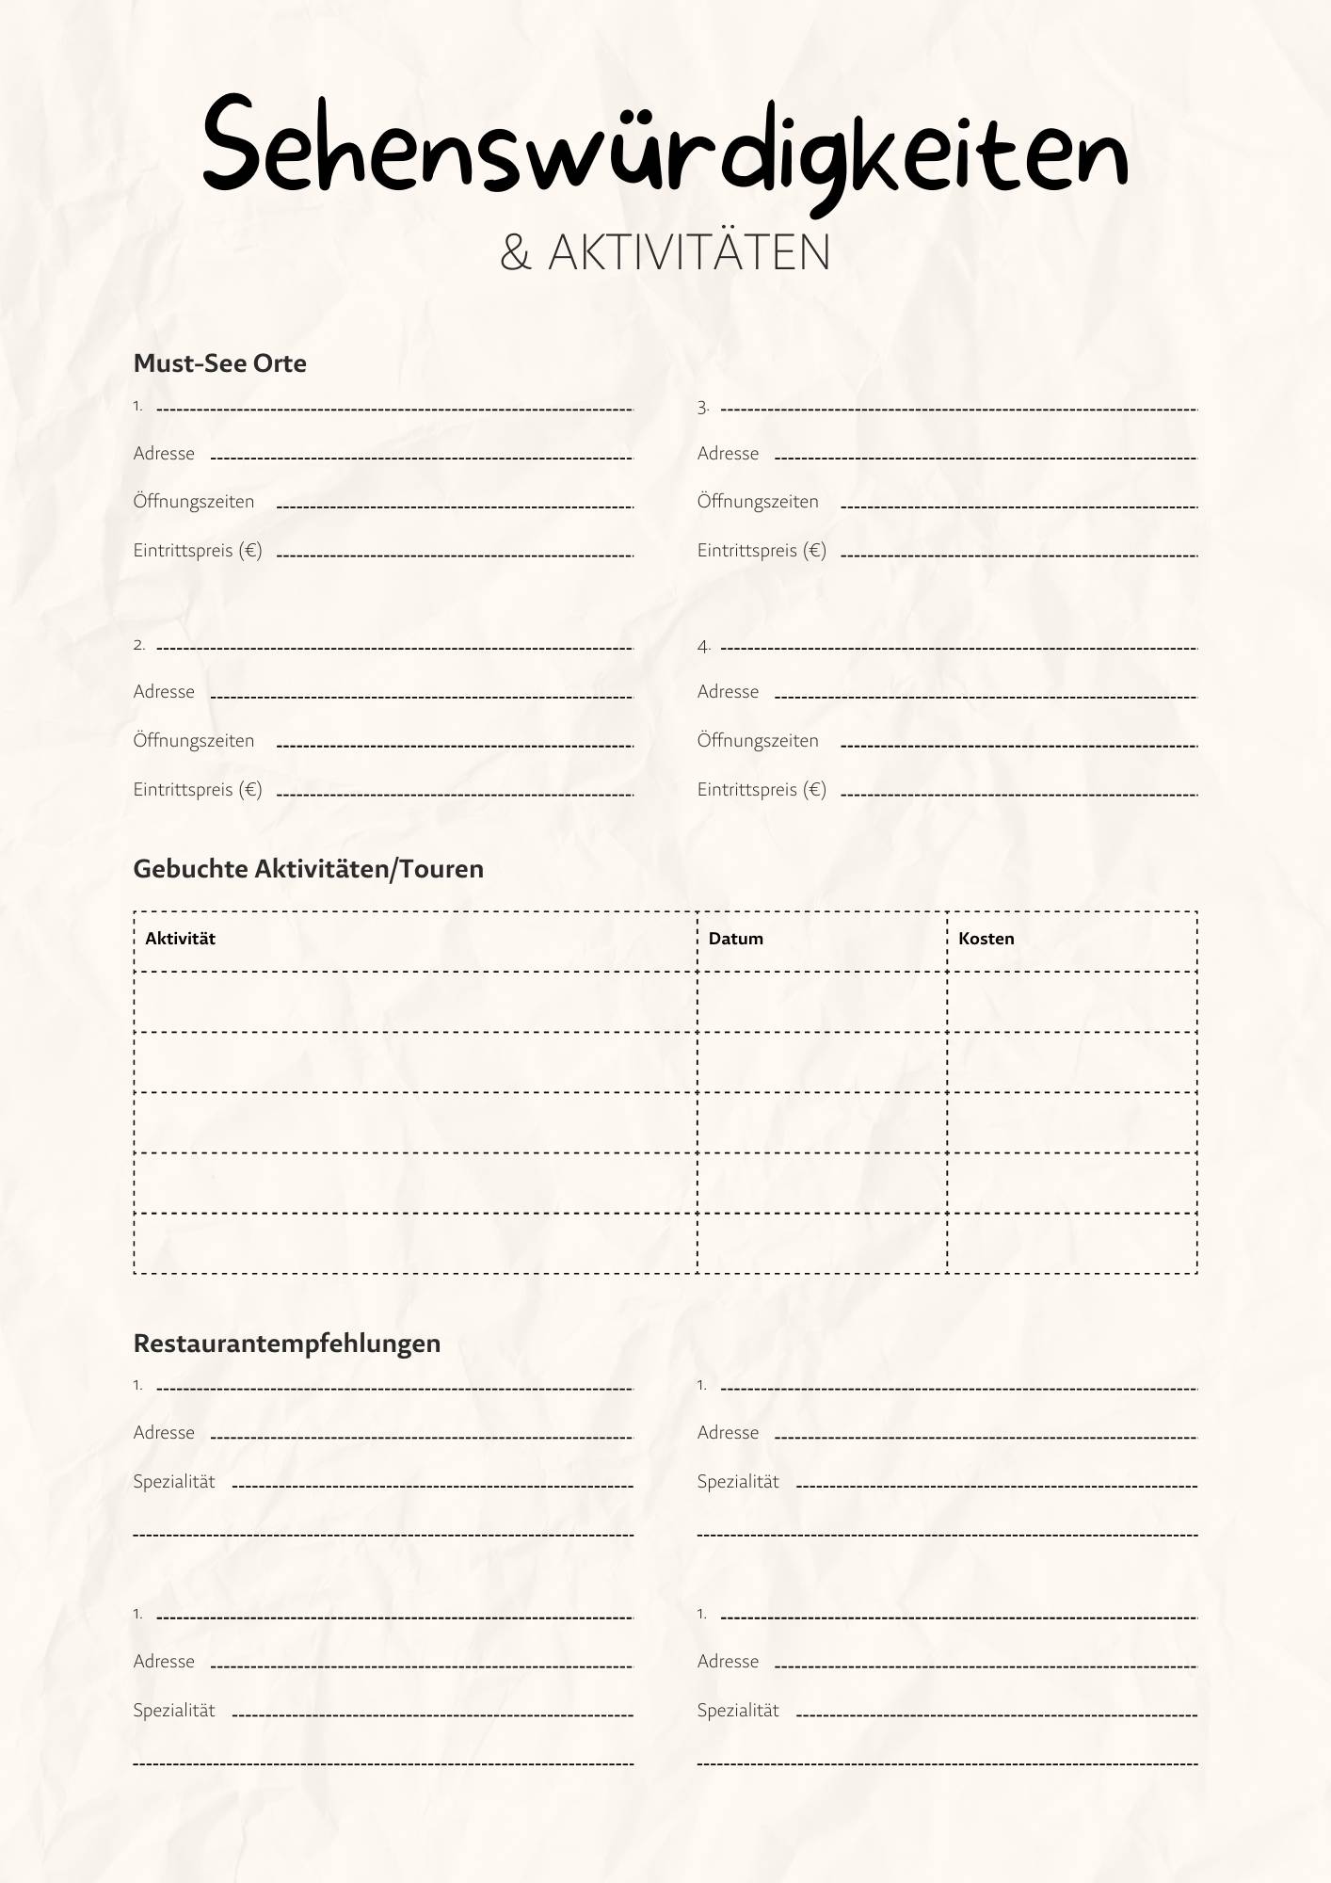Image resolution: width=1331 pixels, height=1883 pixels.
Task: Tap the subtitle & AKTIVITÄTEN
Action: click(665, 252)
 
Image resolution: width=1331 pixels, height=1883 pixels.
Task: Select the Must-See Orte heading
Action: click(219, 363)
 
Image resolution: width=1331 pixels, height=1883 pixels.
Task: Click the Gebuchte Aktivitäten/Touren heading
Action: click(308, 869)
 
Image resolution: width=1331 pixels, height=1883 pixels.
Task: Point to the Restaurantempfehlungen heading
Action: click(286, 1344)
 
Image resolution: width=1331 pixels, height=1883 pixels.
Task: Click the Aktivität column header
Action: click(180, 939)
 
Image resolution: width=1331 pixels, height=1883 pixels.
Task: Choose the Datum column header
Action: click(735, 939)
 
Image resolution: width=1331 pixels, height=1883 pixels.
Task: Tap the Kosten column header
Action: click(986, 939)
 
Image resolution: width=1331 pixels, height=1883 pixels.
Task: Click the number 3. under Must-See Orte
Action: click(703, 408)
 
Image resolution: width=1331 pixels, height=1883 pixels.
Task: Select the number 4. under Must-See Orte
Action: click(703, 647)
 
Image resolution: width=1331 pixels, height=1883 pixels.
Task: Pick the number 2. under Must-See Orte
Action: click(139, 646)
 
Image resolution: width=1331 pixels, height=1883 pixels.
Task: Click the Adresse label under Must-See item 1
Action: click(164, 454)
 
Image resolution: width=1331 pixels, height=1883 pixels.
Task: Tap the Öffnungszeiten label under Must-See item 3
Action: click(758, 502)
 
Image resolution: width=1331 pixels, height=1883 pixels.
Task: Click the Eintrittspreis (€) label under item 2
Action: click(198, 790)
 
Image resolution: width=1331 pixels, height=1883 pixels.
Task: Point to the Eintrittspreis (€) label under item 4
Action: click(762, 790)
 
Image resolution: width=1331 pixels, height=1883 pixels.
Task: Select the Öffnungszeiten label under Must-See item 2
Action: click(193, 741)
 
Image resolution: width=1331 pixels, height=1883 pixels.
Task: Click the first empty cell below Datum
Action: click(822, 1002)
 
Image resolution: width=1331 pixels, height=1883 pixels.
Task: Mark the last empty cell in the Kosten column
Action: click(1072, 1243)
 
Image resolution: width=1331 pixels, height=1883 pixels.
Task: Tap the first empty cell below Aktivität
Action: click(415, 1002)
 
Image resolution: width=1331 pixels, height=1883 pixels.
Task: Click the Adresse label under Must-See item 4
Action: click(728, 692)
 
